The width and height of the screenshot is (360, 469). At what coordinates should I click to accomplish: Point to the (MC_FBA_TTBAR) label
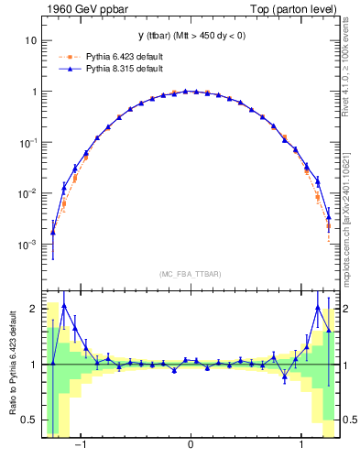point(191,274)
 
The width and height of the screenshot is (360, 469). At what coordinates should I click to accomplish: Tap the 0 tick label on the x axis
point(191,449)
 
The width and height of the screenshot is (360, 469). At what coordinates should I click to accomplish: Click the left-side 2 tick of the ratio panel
point(34,309)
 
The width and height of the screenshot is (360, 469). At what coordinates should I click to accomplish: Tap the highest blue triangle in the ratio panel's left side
point(64,305)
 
